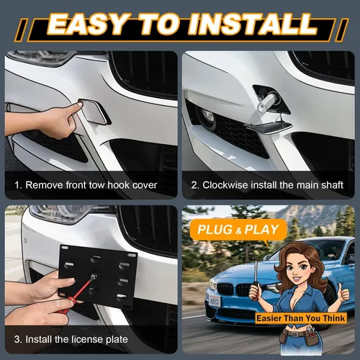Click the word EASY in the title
pos(89,24)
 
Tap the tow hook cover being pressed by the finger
pos(94,112)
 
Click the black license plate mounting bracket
pos(98,276)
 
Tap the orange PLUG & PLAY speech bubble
pos(238,230)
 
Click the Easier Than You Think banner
pos(301,318)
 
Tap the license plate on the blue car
pos(215,300)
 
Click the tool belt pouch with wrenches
pos(311,336)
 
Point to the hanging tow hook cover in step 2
pos(268,126)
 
